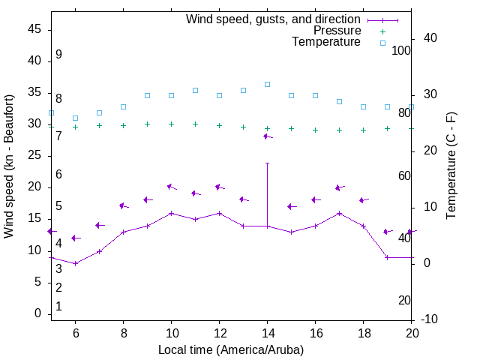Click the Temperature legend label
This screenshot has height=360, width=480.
coord(326,42)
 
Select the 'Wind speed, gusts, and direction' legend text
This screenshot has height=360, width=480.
coord(274,19)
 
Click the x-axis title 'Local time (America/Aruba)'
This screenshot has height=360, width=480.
coord(231,349)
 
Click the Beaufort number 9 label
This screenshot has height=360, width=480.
coord(58,55)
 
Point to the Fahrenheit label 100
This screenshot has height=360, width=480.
coord(401,50)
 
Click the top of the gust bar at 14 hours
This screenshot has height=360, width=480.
coord(267,163)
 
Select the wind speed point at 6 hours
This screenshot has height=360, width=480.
coord(75,263)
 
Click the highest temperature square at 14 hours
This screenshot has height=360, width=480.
coord(267,84)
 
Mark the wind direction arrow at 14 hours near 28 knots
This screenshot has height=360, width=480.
coord(267,136)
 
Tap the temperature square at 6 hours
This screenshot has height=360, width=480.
coord(75,118)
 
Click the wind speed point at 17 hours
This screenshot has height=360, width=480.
coord(339,213)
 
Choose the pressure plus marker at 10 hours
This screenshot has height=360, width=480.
coord(171,124)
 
